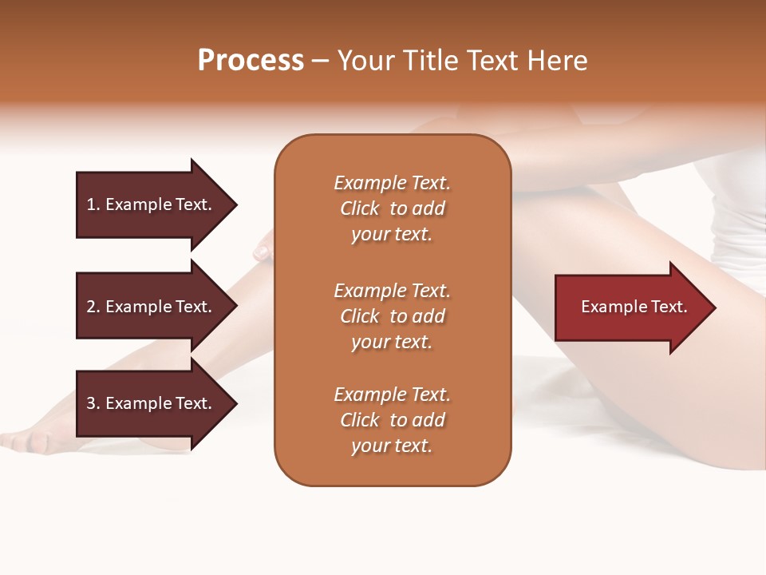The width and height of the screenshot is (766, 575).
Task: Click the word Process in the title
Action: point(251,61)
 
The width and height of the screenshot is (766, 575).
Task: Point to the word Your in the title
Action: point(368,61)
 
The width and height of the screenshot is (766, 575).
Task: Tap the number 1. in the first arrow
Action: point(93,204)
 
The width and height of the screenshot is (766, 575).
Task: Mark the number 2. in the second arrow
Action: point(93,307)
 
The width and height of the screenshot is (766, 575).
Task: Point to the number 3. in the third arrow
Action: point(93,403)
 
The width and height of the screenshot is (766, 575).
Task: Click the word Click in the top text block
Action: point(360,208)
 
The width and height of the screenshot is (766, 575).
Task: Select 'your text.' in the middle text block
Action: point(392,342)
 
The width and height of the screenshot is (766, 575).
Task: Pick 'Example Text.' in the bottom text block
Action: point(392,395)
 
